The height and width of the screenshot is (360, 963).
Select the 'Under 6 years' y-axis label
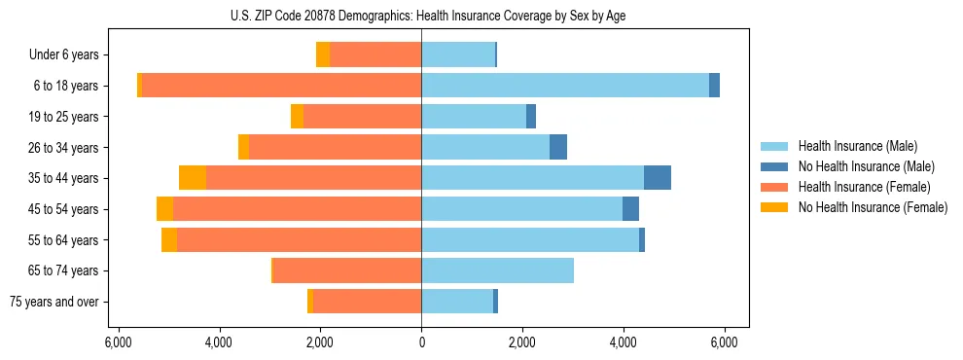70,54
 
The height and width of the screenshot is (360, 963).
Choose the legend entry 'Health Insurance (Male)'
857,146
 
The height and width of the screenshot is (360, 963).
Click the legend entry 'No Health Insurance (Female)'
873,207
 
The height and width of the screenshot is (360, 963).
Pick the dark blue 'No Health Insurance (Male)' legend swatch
775,166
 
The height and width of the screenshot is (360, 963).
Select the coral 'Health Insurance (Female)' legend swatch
775,187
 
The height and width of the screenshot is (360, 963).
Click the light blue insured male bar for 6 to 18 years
564,86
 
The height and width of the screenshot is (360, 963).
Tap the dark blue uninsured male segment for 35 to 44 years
658,178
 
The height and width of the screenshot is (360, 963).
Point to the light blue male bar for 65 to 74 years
497,270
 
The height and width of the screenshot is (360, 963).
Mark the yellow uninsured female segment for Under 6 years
323,54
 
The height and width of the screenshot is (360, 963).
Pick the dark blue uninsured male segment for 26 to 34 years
558,147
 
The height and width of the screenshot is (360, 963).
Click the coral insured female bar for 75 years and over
368,302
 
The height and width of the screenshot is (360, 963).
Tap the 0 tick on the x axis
421,342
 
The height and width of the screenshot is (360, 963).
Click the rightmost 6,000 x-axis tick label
724,342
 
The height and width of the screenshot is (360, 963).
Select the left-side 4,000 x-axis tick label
219,342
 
